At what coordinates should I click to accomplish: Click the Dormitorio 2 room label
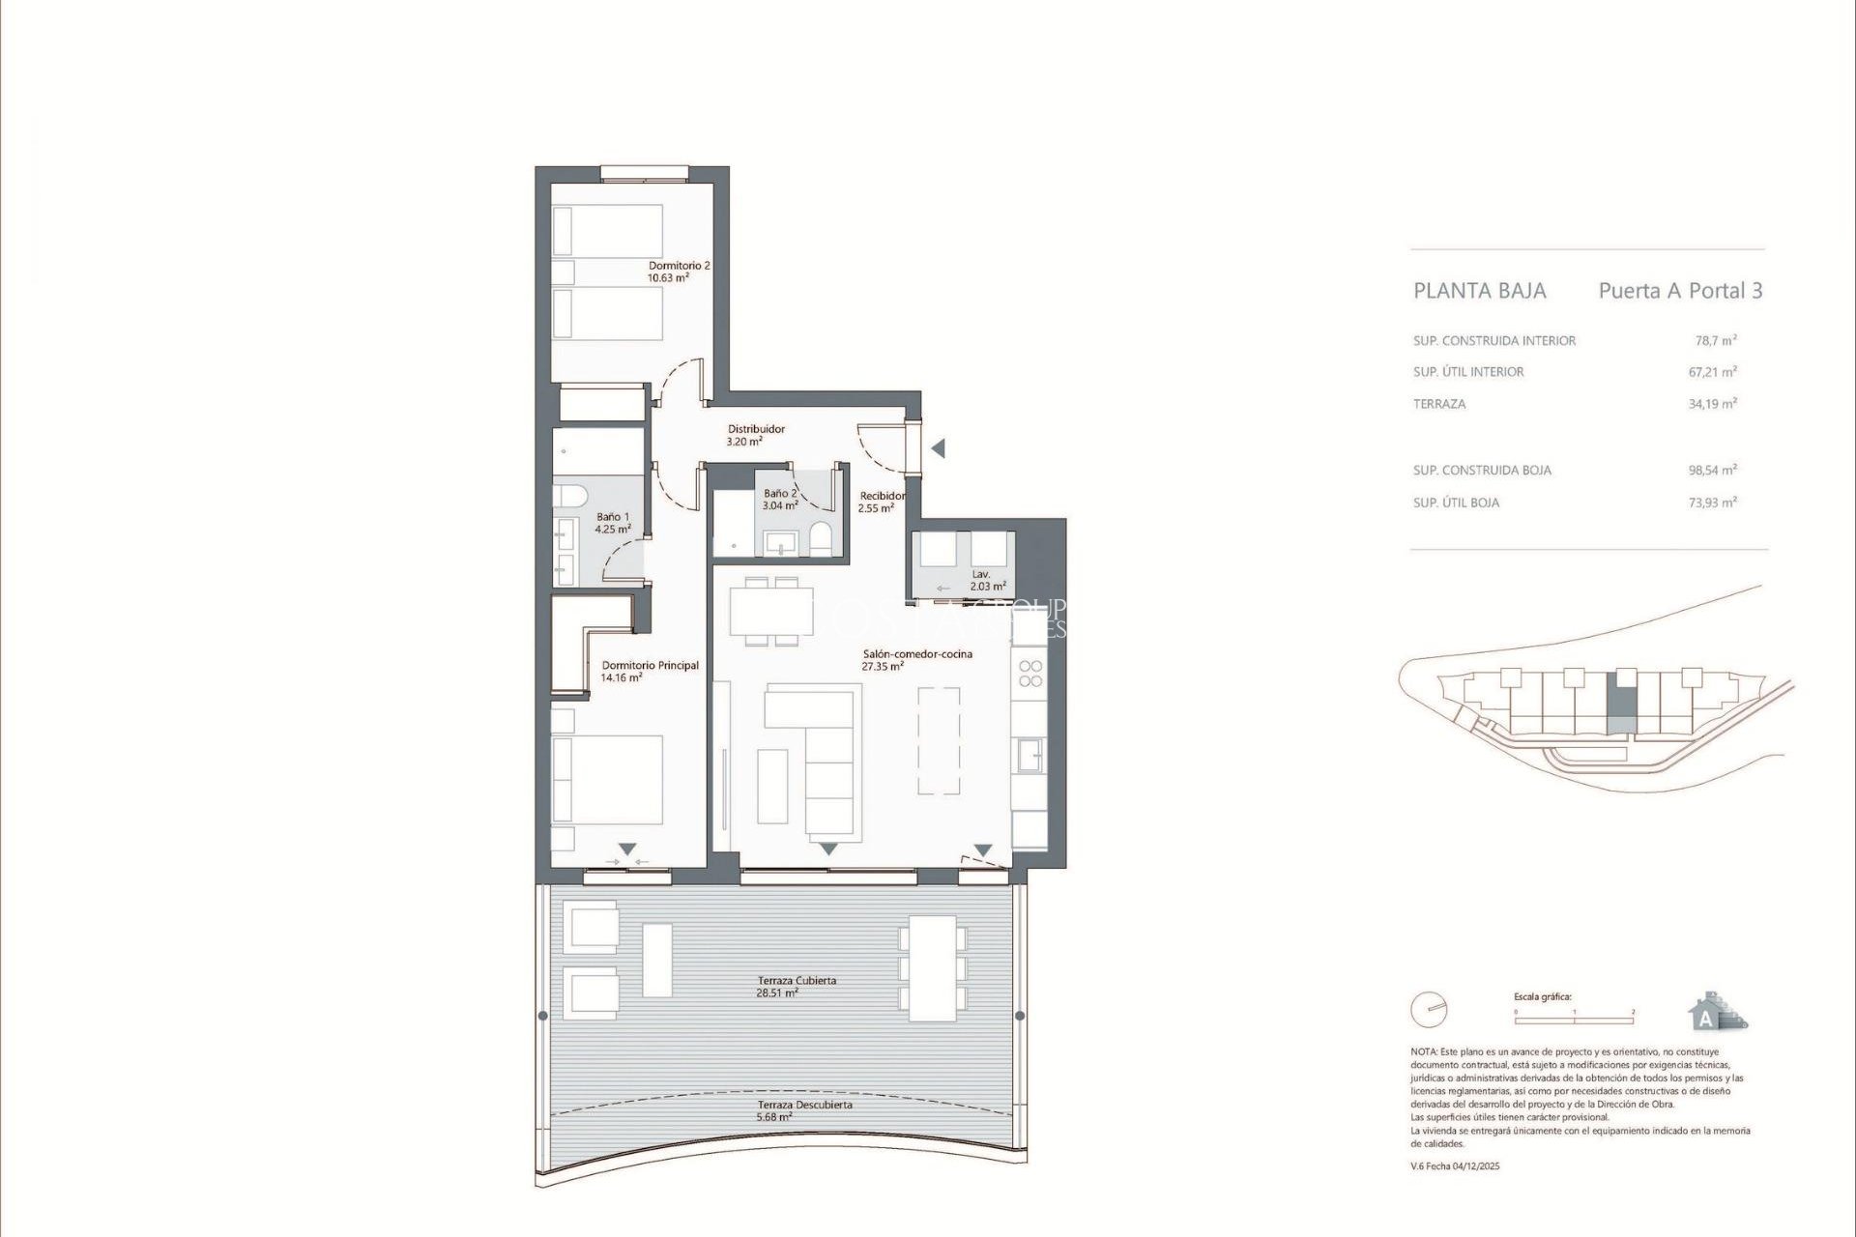(679, 272)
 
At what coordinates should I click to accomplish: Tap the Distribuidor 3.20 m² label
(755, 435)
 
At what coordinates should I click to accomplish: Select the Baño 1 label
(613, 523)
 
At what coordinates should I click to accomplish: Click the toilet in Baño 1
(570, 497)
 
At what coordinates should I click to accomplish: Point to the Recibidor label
(882, 502)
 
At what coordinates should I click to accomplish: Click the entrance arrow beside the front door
(937, 448)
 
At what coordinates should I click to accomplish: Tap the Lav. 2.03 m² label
(987, 580)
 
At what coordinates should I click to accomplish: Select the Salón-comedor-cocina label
(916, 660)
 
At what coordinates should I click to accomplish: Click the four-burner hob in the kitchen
(1030, 674)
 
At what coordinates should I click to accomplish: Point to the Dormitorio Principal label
(650, 671)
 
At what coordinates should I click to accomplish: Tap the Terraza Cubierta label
(797, 986)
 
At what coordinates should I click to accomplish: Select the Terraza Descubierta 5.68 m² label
(804, 1110)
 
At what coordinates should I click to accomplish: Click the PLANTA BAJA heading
(1479, 291)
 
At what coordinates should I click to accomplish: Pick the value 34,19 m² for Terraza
(1712, 404)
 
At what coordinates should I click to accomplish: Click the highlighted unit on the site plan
(1622, 709)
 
